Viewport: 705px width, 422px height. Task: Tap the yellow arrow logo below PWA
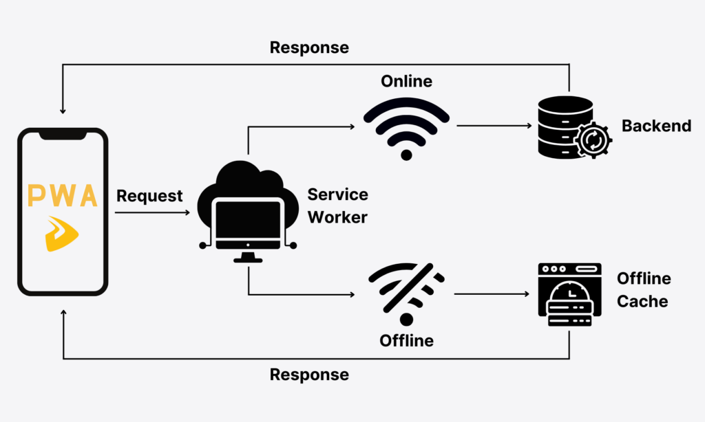[x=62, y=233]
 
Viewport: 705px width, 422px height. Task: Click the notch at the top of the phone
[x=63, y=135]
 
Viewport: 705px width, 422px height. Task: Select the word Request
[x=149, y=196]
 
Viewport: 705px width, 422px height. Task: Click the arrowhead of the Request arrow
[x=187, y=213]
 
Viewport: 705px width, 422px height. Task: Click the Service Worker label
[x=337, y=206]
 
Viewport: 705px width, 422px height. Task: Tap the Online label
[x=406, y=81]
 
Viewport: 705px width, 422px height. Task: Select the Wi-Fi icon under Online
[x=406, y=127]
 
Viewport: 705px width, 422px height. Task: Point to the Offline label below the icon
[x=406, y=340]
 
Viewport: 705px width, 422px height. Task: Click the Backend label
[x=656, y=126]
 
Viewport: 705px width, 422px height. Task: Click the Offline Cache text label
[x=643, y=289]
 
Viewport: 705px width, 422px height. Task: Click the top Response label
[x=309, y=47]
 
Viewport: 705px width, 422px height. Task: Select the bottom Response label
[x=309, y=375]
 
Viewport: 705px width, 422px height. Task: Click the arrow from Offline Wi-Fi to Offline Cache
[x=493, y=293]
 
